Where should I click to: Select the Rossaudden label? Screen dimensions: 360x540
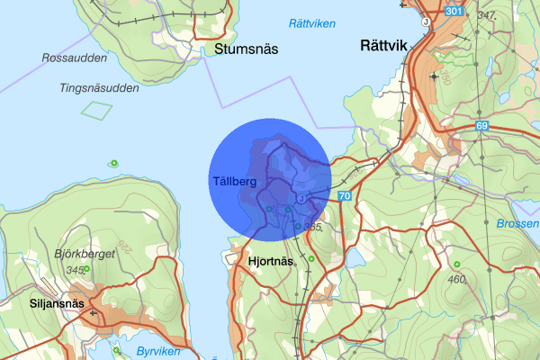(x=74, y=58)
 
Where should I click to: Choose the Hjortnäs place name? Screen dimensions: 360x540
(x=270, y=261)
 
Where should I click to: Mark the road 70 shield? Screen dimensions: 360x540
(x=344, y=195)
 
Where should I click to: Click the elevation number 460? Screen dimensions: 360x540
(x=455, y=279)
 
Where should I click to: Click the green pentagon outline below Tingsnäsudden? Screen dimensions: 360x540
(x=96, y=110)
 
